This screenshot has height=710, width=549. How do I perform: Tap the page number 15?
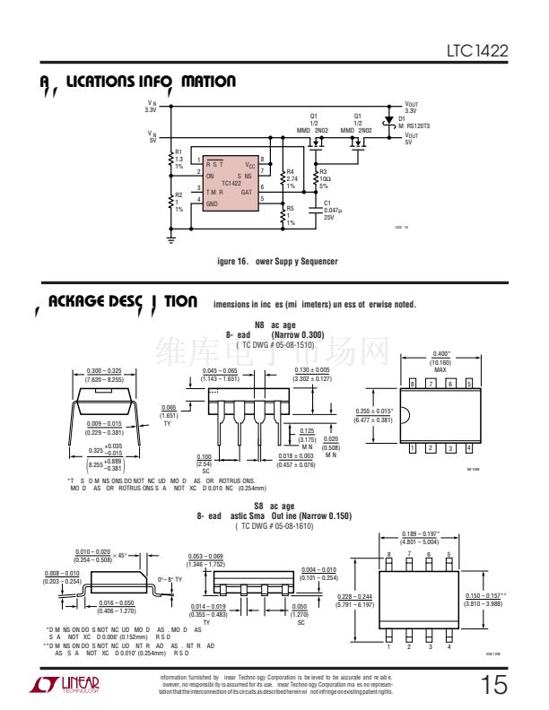click(x=493, y=686)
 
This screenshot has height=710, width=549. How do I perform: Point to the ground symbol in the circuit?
click(x=171, y=239)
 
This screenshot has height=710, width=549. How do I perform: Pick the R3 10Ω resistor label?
click(x=325, y=178)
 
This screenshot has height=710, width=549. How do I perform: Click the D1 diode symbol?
click(x=388, y=119)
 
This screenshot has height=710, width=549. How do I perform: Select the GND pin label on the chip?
click(x=213, y=204)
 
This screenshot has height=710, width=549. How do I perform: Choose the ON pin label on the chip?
click(x=210, y=177)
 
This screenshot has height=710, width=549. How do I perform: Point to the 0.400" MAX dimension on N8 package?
click(x=440, y=362)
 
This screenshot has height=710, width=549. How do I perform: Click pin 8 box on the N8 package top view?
click(x=413, y=383)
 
